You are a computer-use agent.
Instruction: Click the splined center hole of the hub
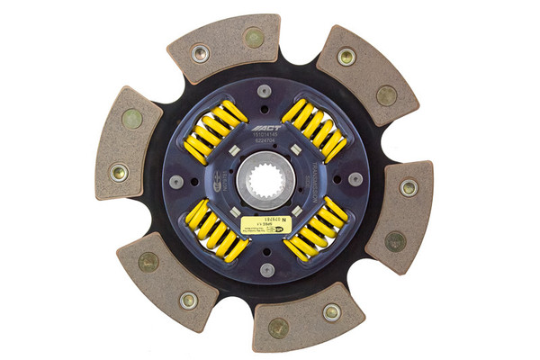click(265, 179)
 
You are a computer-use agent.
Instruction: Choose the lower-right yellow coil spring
click(315, 229)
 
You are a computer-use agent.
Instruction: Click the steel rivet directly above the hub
click(264, 91)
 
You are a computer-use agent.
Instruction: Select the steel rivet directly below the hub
click(265, 269)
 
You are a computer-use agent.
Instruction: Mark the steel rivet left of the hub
click(176, 181)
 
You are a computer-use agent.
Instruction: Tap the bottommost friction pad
click(306, 317)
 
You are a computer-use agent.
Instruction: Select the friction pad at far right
click(400, 215)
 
